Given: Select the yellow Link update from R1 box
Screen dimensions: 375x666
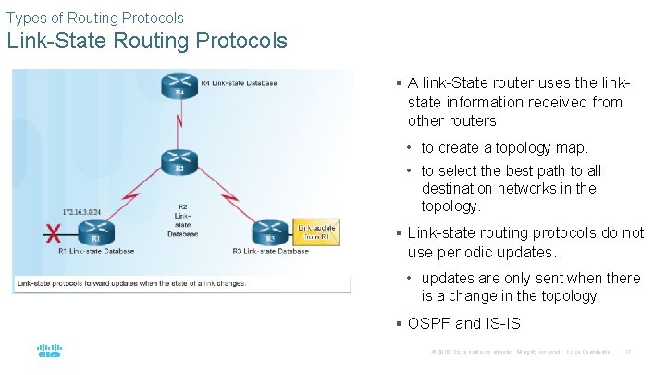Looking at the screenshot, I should pos(316,233).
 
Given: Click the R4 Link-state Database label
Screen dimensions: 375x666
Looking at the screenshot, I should pos(239,83).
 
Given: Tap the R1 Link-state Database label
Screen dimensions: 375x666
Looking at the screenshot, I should pos(96,251).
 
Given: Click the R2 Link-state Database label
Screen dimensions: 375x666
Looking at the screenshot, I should pos(182,220).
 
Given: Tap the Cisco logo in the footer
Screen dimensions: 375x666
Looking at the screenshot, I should pos(49,352).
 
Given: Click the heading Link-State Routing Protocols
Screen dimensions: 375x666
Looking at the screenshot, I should pos(148,42).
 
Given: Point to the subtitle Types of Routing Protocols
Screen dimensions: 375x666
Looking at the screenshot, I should pos(95,18).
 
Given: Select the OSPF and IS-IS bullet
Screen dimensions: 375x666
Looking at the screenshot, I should pos(463,323).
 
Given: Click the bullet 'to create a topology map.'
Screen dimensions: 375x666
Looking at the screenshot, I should pos(504,148).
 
